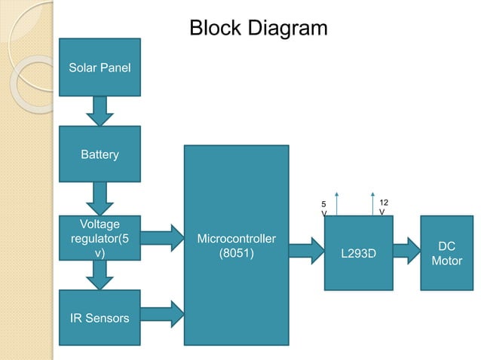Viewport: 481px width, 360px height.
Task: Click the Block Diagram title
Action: pyautogui.click(x=258, y=29)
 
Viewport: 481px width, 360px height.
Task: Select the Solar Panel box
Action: pyautogui.click(x=100, y=68)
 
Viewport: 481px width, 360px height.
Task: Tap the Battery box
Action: pyautogui.click(x=100, y=154)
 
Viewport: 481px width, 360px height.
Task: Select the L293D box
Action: pyautogui.click(x=358, y=253)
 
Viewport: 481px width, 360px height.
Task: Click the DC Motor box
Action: pyautogui.click(x=446, y=253)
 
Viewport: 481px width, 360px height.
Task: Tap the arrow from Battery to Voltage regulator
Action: pyautogui.click(x=100, y=199)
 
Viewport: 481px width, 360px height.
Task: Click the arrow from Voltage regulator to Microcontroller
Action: pyautogui.click(x=162, y=238)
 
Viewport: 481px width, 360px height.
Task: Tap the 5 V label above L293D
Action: pyautogui.click(x=324, y=209)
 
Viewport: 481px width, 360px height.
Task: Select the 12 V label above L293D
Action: pyautogui.click(x=383, y=207)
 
